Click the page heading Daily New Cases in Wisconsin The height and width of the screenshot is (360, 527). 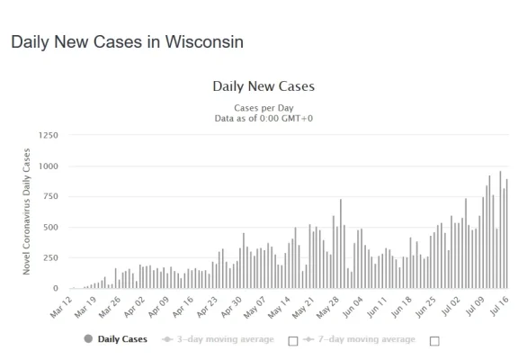(x=127, y=42)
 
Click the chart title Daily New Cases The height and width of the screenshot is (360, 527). (x=263, y=87)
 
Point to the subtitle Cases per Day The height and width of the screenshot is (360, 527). (x=263, y=108)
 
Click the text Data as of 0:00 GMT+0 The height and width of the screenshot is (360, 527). (x=263, y=118)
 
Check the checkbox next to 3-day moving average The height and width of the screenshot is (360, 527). (x=292, y=340)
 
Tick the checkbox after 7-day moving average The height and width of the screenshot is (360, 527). (x=435, y=340)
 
